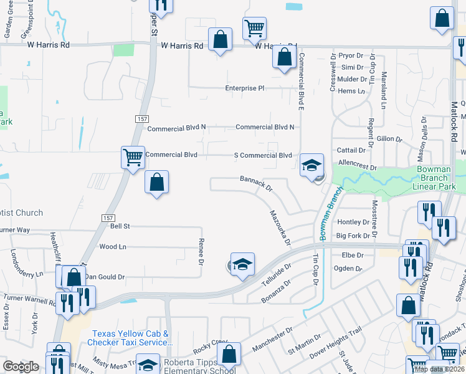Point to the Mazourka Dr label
[280, 228]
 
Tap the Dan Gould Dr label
[105, 276]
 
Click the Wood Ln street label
[113, 247]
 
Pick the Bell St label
[120, 226]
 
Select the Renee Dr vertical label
[201, 251]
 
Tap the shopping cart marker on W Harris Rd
[254, 28]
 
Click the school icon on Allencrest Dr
[312, 165]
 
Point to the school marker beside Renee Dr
[243, 264]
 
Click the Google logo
[21, 367]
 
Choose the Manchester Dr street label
[272, 340]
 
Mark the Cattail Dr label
[351, 151]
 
